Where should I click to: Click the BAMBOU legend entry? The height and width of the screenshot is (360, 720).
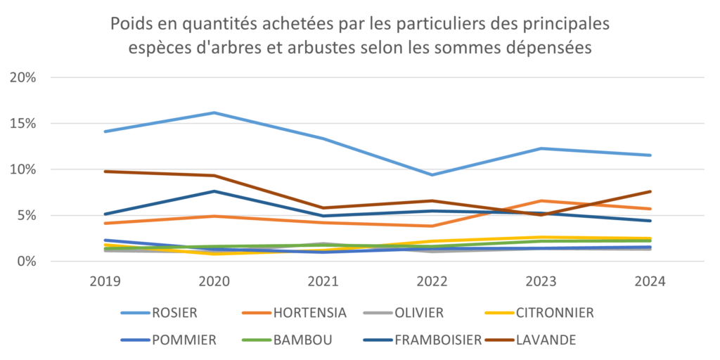(x=303, y=340)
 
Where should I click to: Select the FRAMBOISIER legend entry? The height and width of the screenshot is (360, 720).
(x=437, y=340)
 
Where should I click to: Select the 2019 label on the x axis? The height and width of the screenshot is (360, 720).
(x=105, y=281)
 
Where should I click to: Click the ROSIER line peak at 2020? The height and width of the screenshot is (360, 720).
(x=214, y=112)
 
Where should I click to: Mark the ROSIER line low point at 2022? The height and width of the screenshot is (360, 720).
(x=432, y=175)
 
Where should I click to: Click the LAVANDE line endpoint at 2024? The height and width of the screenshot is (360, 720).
(x=650, y=191)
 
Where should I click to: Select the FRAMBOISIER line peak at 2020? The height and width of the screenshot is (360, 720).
(x=214, y=191)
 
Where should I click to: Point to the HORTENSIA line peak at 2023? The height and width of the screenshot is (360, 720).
(x=541, y=201)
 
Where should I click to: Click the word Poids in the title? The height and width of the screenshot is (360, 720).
(x=131, y=25)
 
